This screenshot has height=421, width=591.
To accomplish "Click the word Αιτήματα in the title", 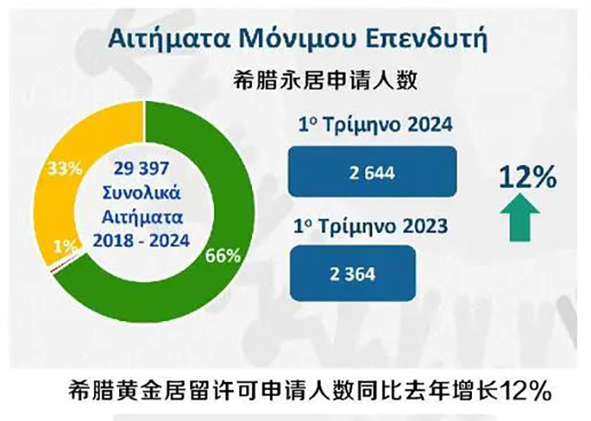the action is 169,38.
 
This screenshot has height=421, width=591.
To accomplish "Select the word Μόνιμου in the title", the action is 297,38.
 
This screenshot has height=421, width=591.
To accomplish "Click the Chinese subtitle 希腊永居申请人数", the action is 325,80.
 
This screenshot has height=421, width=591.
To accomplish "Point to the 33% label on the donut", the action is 65,169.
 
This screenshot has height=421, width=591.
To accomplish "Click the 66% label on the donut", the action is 222,256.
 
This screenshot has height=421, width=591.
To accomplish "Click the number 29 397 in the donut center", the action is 142,168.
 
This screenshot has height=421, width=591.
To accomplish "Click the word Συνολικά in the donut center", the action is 142,193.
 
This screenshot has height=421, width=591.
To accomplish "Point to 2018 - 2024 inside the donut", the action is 142,241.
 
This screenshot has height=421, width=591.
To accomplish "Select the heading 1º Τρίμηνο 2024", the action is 375,125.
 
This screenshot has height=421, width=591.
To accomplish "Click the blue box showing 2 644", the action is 372,171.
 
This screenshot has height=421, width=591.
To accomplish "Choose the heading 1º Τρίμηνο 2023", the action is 371,226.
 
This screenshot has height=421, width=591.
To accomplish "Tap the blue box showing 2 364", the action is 353,273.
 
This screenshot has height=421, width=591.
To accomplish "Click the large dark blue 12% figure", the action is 528,177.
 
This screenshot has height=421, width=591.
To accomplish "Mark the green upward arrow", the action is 520,217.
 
